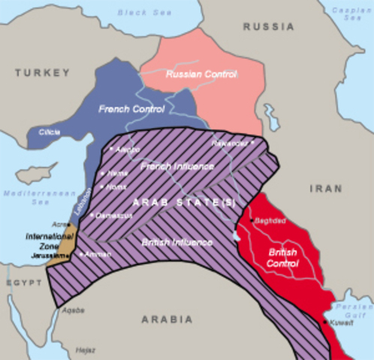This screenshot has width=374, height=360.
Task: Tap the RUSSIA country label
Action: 267,26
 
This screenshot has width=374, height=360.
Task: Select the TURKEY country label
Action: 41,73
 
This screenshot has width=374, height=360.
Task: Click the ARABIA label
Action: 166,319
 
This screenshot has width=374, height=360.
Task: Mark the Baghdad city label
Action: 270,221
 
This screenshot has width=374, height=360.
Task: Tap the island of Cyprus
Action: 36,174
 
